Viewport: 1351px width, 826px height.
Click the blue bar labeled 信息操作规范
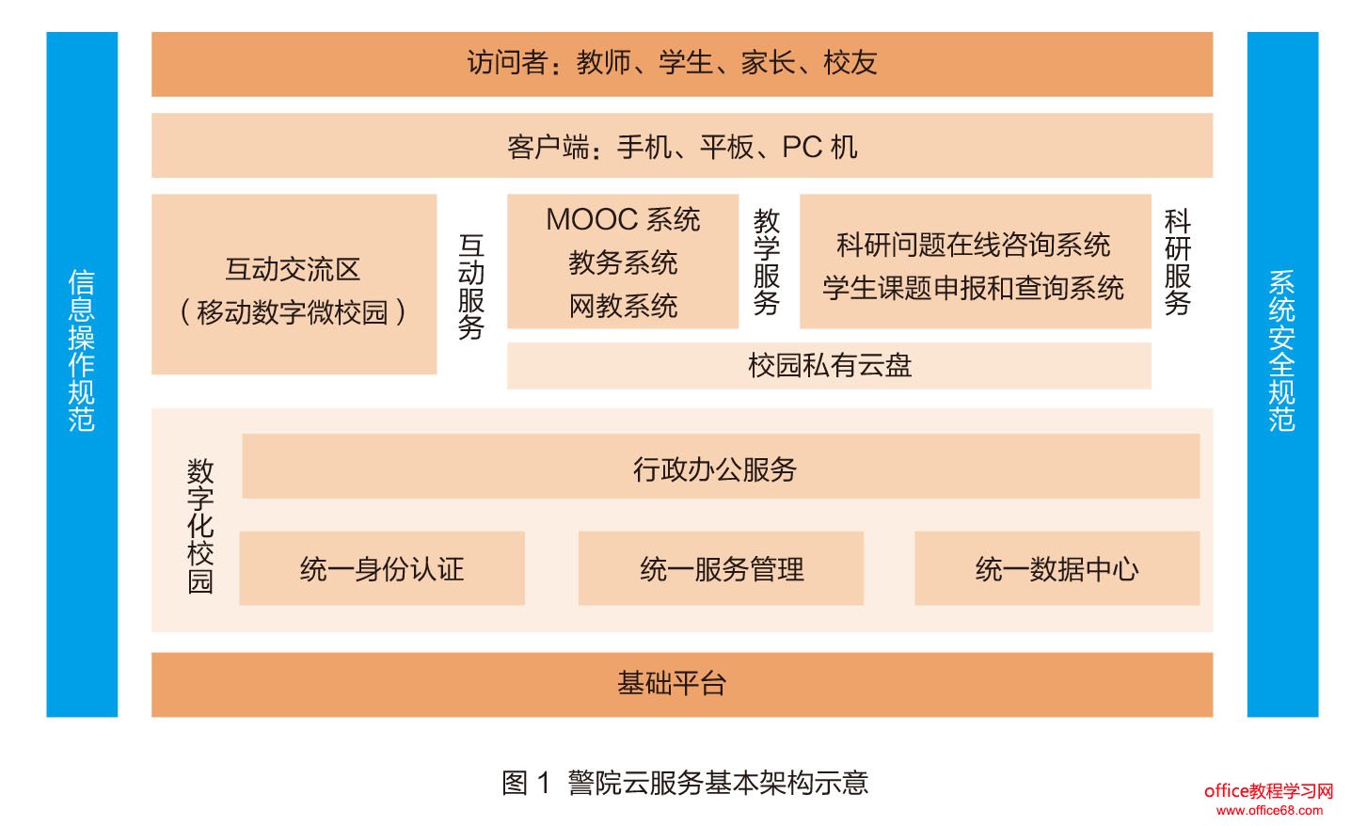pos(82,374)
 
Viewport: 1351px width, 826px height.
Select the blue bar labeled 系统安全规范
pos(1282,374)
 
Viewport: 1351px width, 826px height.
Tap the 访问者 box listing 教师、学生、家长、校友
pos(681,64)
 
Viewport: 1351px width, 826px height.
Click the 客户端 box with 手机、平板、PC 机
pos(681,146)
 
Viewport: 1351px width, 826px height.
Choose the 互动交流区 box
pos(294,284)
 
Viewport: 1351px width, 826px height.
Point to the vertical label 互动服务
pos(471,286)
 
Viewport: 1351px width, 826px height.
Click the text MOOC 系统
pos(623,220)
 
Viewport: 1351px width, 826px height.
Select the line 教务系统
pos(623,262)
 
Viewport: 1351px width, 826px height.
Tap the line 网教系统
pos(623,306)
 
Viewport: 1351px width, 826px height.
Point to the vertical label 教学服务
pos(767,262)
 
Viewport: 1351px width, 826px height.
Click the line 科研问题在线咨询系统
pos(974,246)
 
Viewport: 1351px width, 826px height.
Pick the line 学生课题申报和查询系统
pos(974,288)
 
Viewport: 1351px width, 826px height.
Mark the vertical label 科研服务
pos(1178,262)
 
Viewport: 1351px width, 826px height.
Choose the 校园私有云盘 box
pos(829,365)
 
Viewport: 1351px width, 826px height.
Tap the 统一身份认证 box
pos(382,568)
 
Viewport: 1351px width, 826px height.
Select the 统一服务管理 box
pos(721,568)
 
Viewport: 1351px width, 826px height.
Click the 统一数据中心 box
pos(1057,568)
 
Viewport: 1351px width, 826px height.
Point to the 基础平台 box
pos(681,684)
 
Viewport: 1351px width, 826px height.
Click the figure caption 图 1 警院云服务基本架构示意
pos(685,782)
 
